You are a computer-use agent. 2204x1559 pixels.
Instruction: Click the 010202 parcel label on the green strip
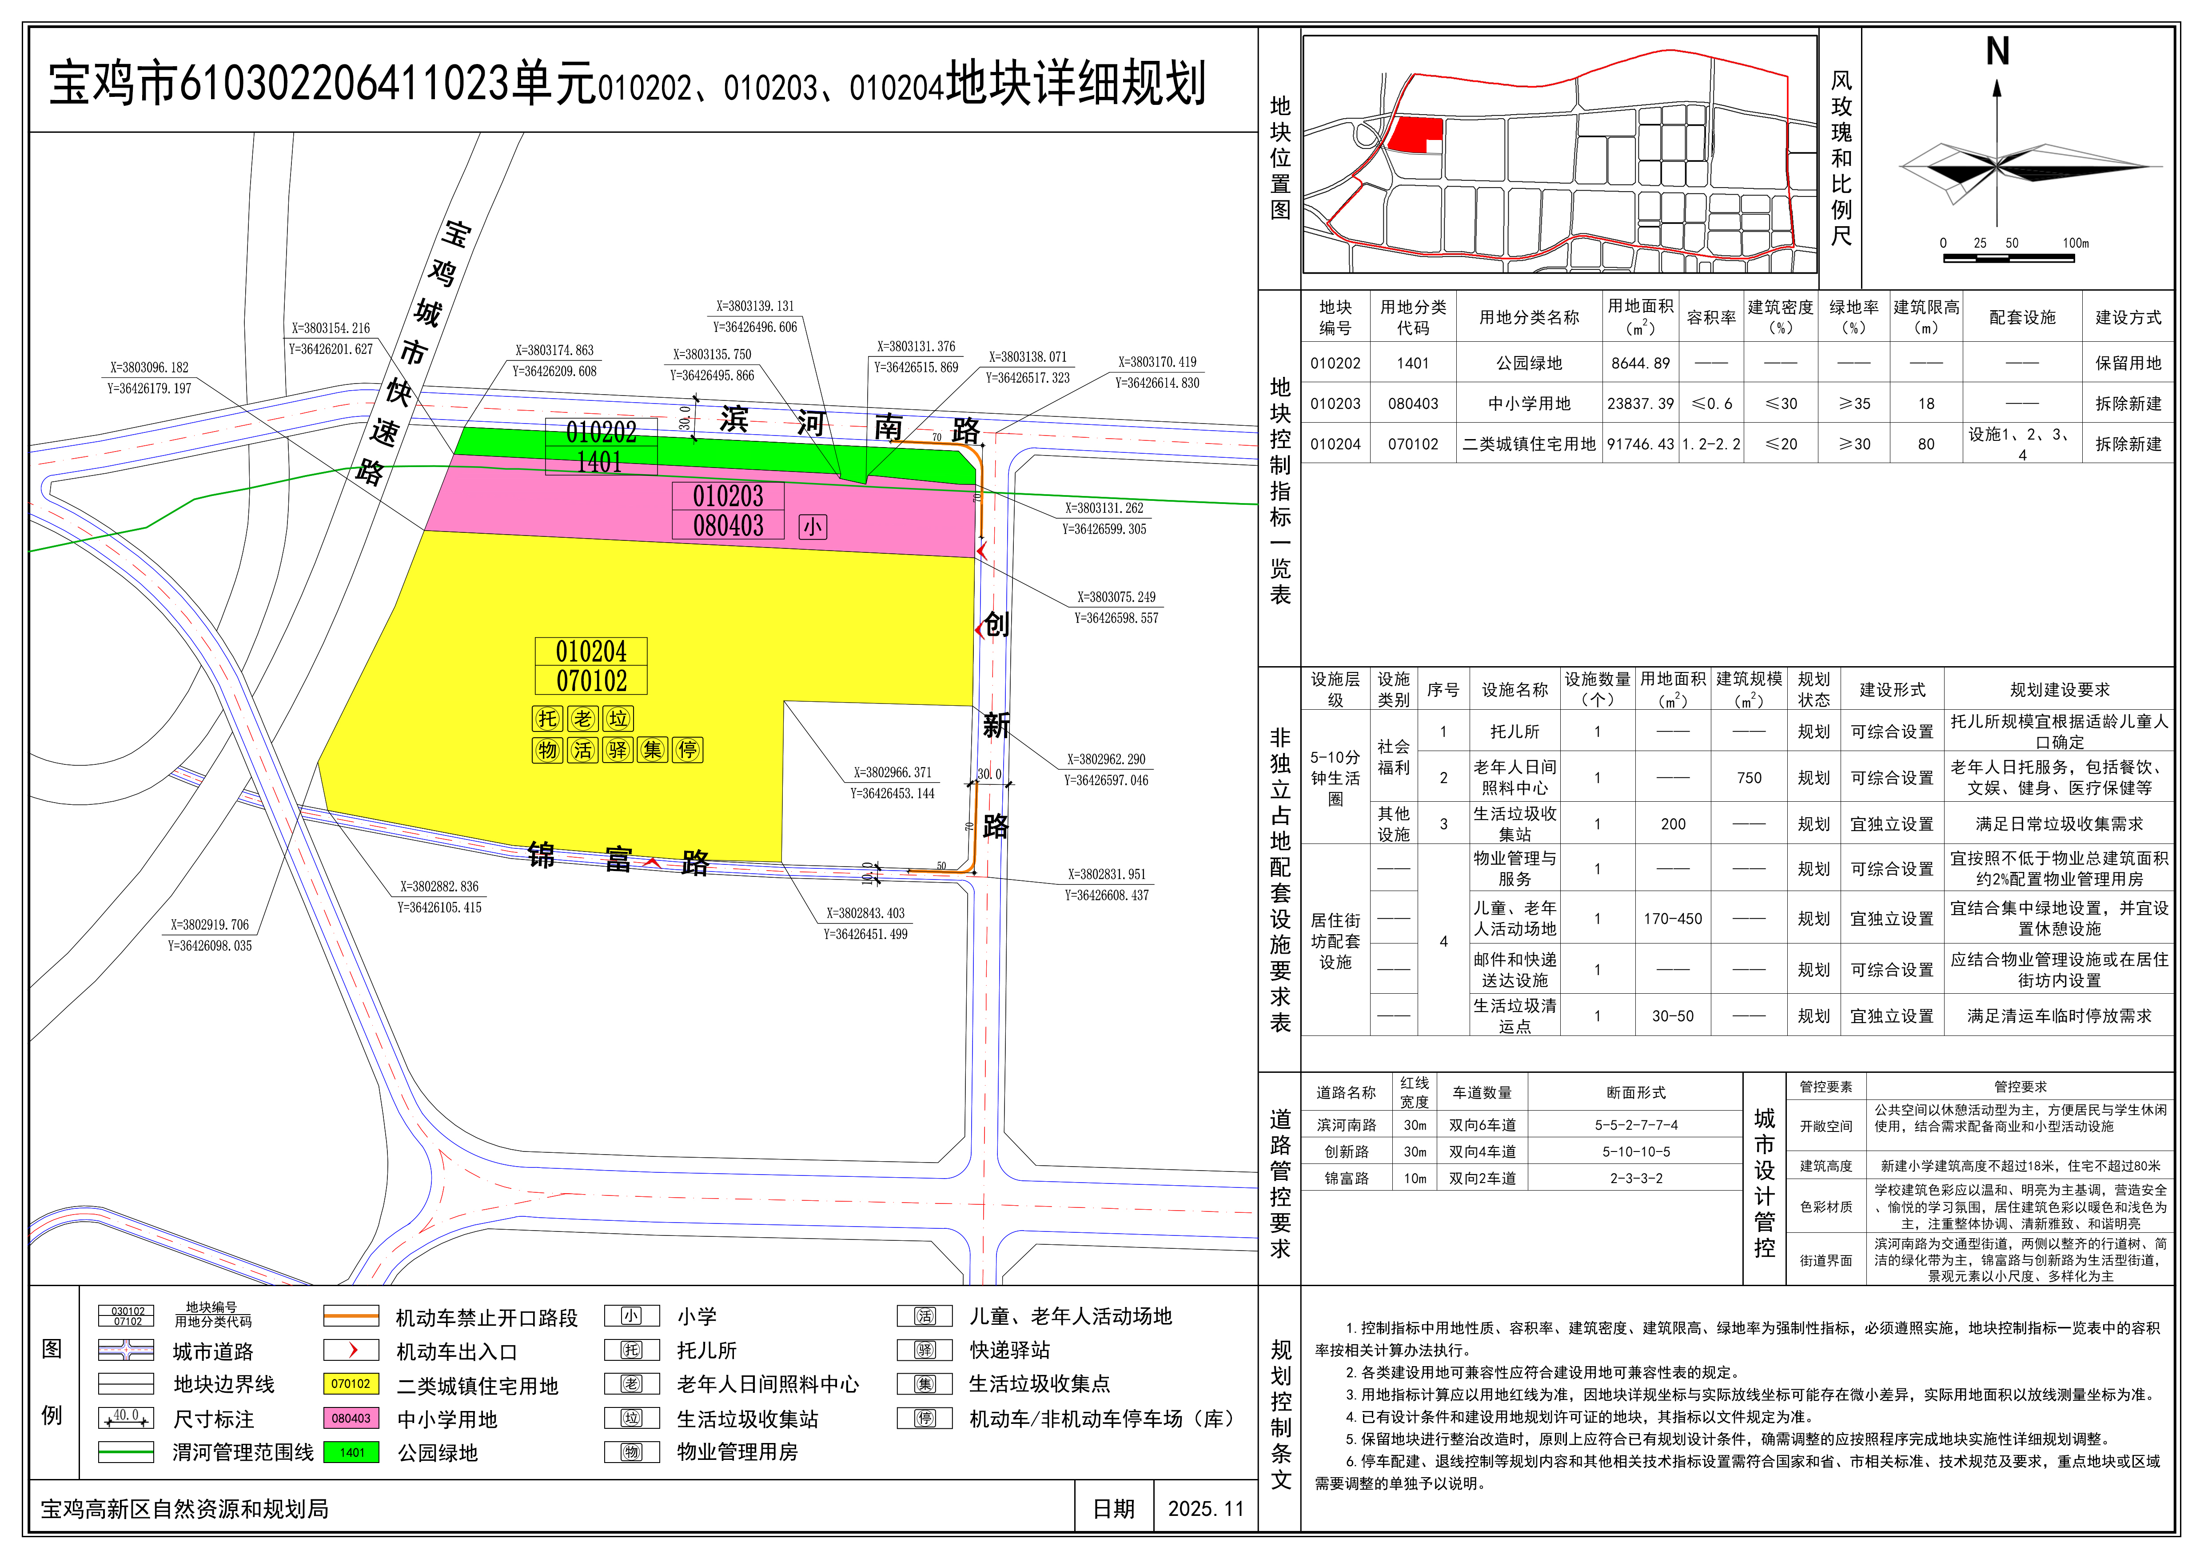(x=601, y=432)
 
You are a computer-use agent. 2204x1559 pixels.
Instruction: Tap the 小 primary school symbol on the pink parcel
(x=812, y=527)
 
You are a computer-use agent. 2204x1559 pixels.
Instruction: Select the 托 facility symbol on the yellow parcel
(x=547, y=719)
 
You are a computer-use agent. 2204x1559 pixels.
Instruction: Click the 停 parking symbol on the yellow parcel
(x=687, y=750)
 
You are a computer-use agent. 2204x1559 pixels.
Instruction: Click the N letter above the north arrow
(x=1997, y=52)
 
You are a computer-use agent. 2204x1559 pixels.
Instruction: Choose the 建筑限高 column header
(x=1925, y=317)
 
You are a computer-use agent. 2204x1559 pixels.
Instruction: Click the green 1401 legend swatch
(x=351, y=1452)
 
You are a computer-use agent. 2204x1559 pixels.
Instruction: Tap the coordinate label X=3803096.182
(x=149, y=368)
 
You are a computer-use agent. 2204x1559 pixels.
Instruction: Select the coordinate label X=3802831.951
(x=1106, y=875)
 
